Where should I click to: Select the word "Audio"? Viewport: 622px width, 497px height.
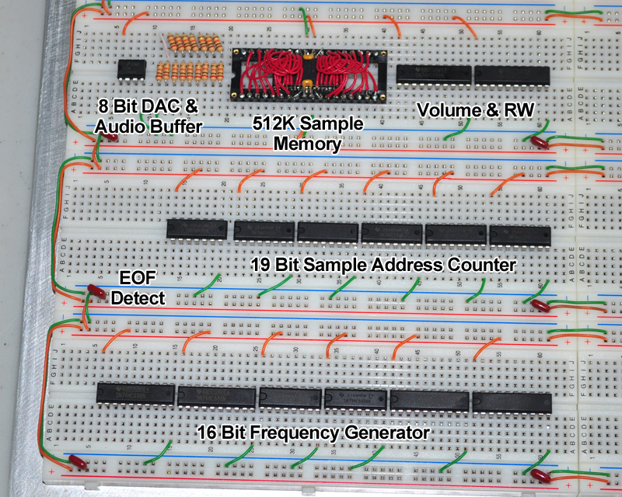coord(118,126)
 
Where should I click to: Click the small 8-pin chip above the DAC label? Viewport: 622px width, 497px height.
coord(134,68)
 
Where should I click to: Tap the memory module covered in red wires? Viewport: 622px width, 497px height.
coord(309,74)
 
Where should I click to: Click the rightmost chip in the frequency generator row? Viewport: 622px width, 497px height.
coord(511,401)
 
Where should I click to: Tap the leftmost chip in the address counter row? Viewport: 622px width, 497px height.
coord(199,229)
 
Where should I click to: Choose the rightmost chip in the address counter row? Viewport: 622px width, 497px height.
coord(519,235)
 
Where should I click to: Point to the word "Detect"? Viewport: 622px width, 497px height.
coord(138,297)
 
